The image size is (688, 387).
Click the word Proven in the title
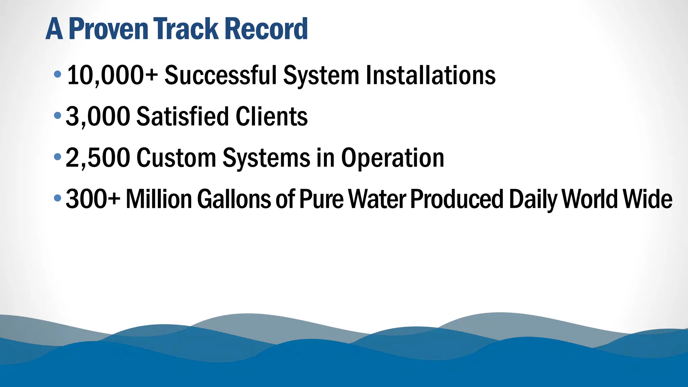108,29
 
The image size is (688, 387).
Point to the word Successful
220,75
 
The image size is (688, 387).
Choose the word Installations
430,75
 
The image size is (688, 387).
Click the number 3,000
98,117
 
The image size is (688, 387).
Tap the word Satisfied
182,117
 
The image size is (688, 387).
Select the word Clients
271,117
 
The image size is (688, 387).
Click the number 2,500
98,158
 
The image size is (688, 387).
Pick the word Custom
176,158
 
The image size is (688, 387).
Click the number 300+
93,199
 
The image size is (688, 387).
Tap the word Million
159,199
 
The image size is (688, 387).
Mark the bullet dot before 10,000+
57,74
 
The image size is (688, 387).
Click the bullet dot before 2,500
57,157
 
